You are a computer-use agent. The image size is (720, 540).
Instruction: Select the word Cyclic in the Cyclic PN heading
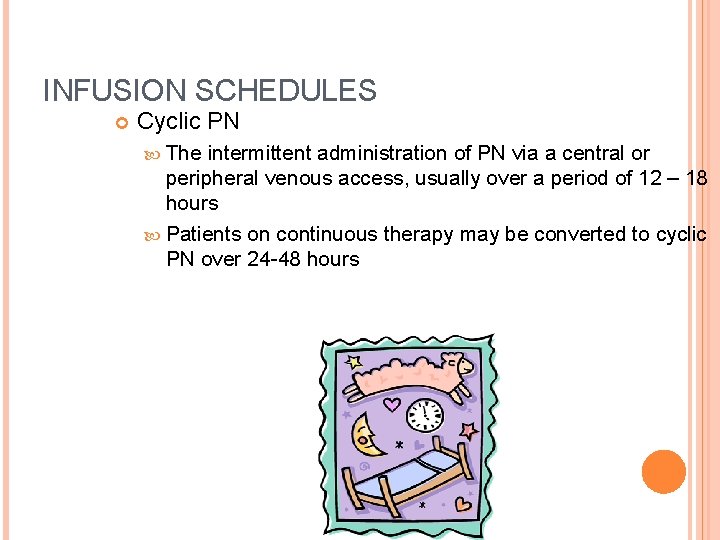[167, 122]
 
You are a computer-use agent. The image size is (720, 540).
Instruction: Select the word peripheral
[212, 178]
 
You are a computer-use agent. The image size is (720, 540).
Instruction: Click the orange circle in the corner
[664, 472]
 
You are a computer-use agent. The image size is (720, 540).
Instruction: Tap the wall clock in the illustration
[425, 413]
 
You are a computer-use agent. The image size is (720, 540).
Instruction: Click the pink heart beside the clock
[392, 406]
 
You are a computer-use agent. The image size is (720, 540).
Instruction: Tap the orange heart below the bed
[462, 504]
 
